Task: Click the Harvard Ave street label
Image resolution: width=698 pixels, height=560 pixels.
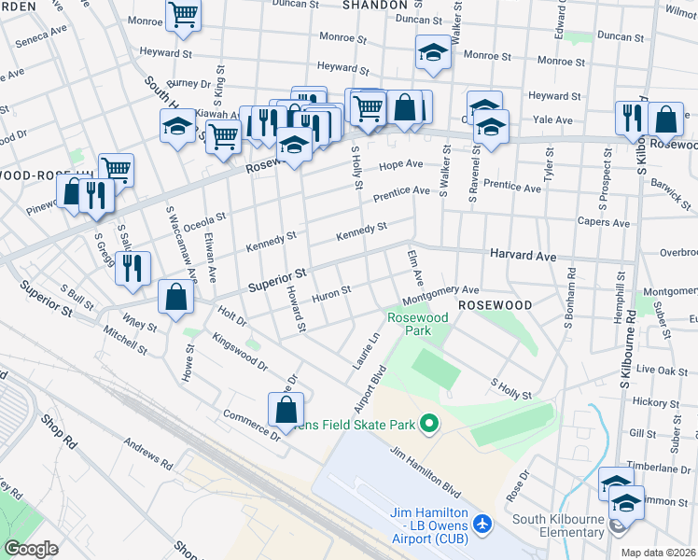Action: tap(523, 255)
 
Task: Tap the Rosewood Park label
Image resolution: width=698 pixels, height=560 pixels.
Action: tap(418, 324)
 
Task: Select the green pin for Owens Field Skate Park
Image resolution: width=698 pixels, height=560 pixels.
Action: tap(429, 425)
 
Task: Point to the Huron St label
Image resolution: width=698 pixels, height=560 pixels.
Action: tap(331, 291)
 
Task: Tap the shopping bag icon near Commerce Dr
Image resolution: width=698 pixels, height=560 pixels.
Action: tap(286, 409)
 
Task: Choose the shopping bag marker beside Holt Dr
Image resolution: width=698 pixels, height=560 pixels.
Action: tap(175, 297)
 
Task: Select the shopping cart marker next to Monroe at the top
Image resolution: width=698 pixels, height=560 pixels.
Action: tap(184, 14)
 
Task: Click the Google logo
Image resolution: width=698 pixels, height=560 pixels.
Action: tap(31, 549)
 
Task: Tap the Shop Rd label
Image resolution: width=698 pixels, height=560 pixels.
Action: tap(57, 430)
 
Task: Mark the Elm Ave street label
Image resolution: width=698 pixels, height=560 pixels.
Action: tap(414, 267)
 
